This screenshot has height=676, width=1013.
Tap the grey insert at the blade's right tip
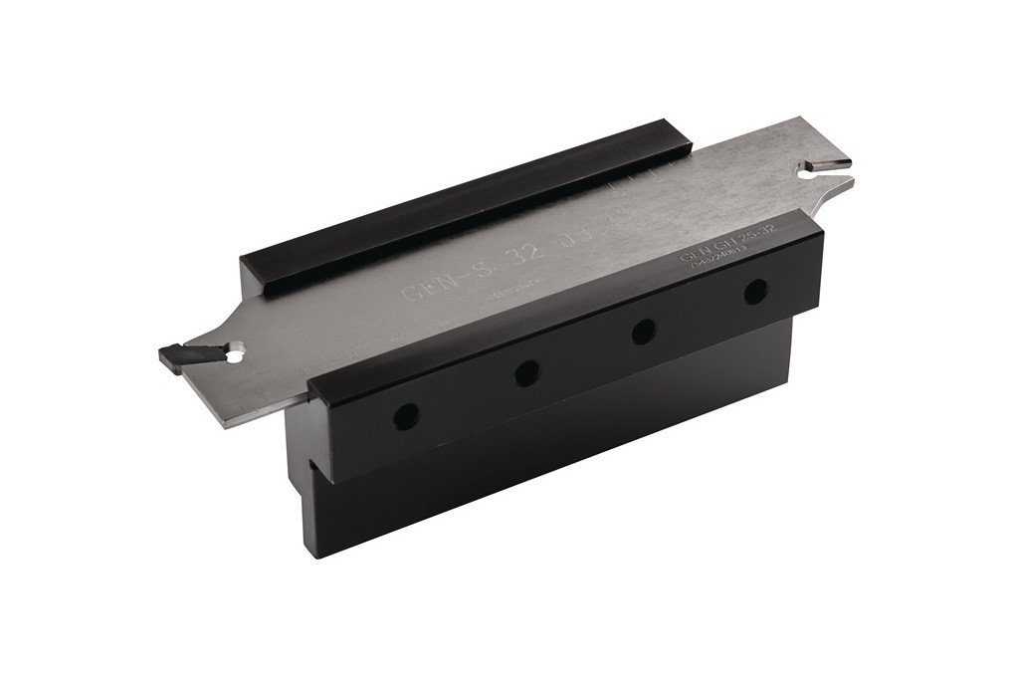pyautogui.click(x=828, y=161)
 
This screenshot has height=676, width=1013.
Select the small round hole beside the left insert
pyautogui.click(x=235, y=352)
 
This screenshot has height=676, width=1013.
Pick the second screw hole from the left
pyautogui.click(x=526, y=373)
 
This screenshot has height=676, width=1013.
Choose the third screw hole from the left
pyautogui.click(x=643, y=332)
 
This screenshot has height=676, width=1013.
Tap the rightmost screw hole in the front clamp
pyautogui.click(x=755, y=292)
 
